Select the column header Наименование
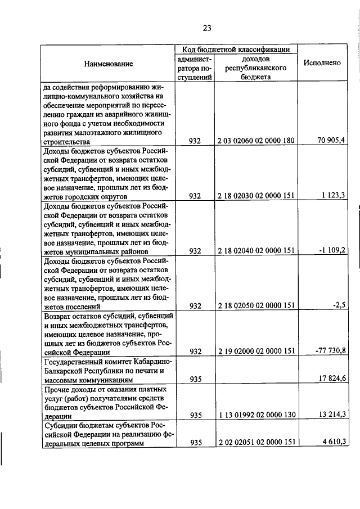click(109, 64)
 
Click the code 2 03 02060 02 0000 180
click(256, 141)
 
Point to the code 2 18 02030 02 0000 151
click(256, 196)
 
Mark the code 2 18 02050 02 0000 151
click(256, 306)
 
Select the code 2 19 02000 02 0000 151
click(256, 352)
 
